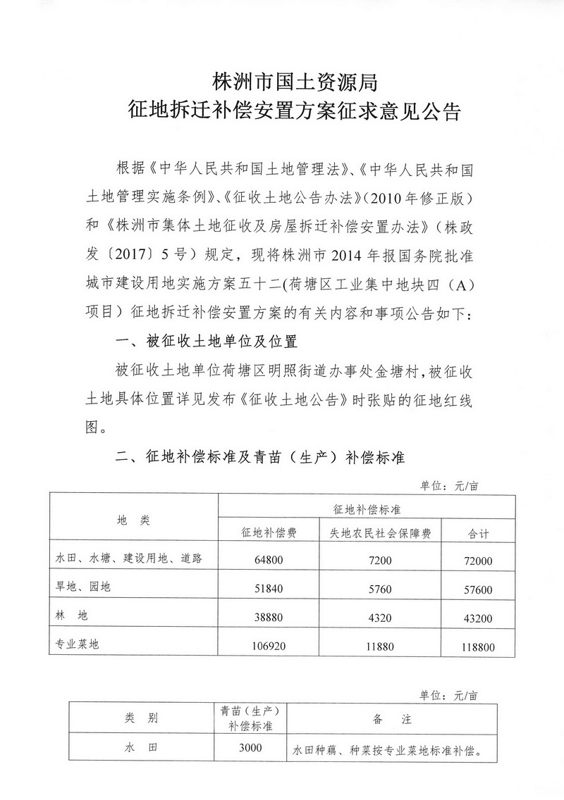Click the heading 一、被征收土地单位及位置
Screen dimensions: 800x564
click(x=207, y=343)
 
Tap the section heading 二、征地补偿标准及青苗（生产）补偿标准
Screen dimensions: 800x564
click(x=260, y=458)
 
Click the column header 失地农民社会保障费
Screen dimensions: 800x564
click(x=381, y=533)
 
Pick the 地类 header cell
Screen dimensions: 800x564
click(x=134, y=520)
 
